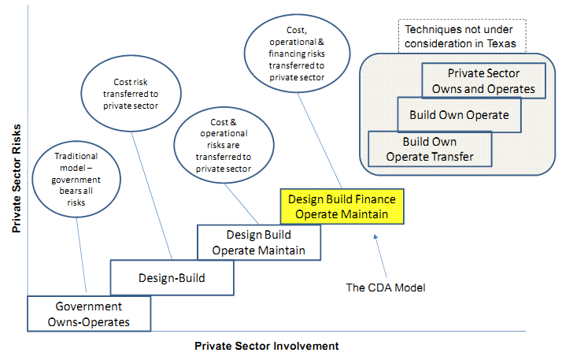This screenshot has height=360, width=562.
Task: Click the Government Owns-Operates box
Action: (x=88, y=313)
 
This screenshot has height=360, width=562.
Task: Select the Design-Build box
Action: (x=172, y=277)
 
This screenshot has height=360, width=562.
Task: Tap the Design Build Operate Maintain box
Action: (x=259, y=243)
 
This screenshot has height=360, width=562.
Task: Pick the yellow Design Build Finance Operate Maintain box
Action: (x=342, y=206)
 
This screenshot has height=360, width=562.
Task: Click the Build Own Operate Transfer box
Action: (x=429, y=150)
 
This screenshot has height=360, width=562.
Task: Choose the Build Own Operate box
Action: (x=459, y=115)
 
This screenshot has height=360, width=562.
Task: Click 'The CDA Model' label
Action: (x=386, y=288)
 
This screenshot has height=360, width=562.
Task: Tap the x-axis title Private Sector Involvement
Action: (x=266, y=346)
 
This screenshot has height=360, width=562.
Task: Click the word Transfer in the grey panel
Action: (x=452, y=157)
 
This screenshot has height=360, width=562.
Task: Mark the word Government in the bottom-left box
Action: (x=88, y=306)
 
